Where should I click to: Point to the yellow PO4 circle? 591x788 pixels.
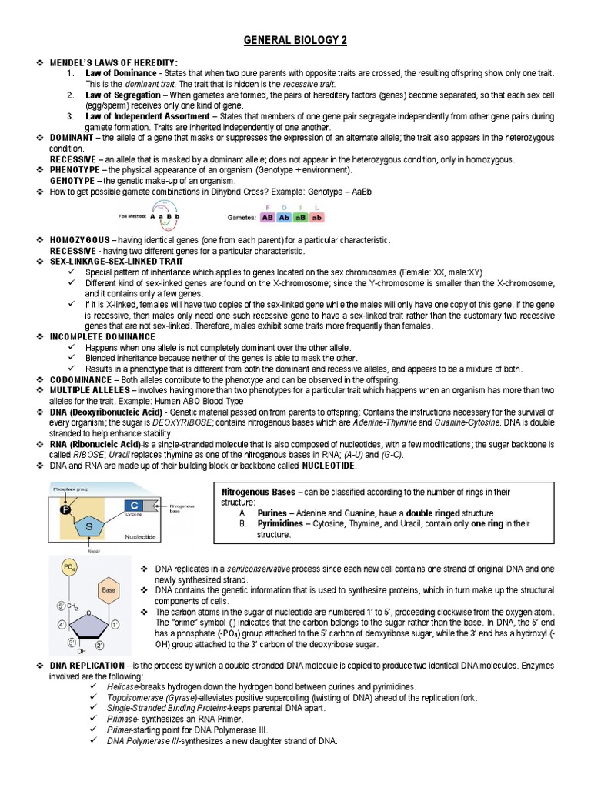pos(70,569)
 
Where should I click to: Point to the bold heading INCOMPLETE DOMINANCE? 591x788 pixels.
pos(102,337)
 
